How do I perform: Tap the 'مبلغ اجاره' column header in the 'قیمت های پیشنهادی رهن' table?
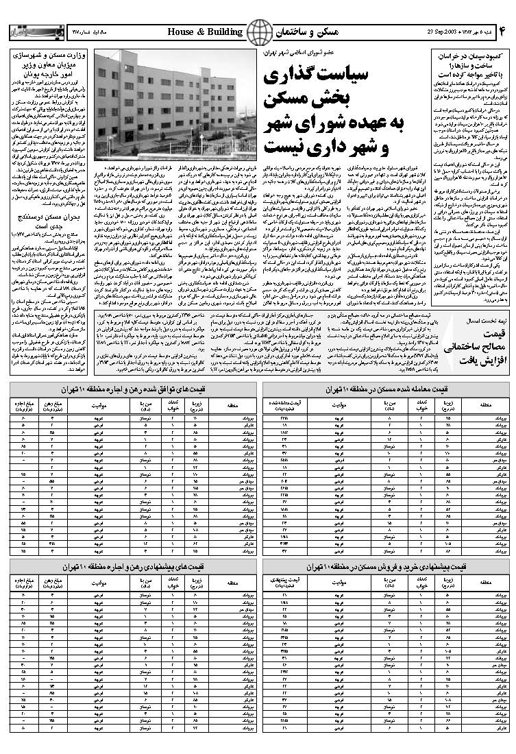tap(24, 583)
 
